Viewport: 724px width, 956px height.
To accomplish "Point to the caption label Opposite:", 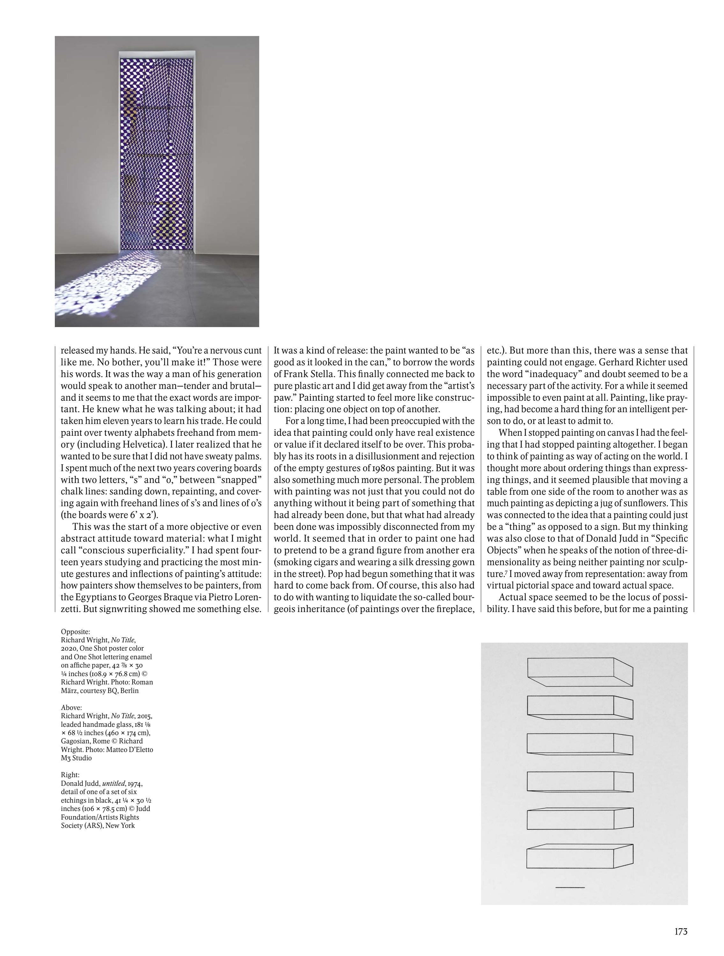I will coord(76,631).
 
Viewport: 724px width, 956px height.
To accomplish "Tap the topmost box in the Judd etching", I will coord(580,672).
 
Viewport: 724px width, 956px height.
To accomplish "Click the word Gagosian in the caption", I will coord(76,741).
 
